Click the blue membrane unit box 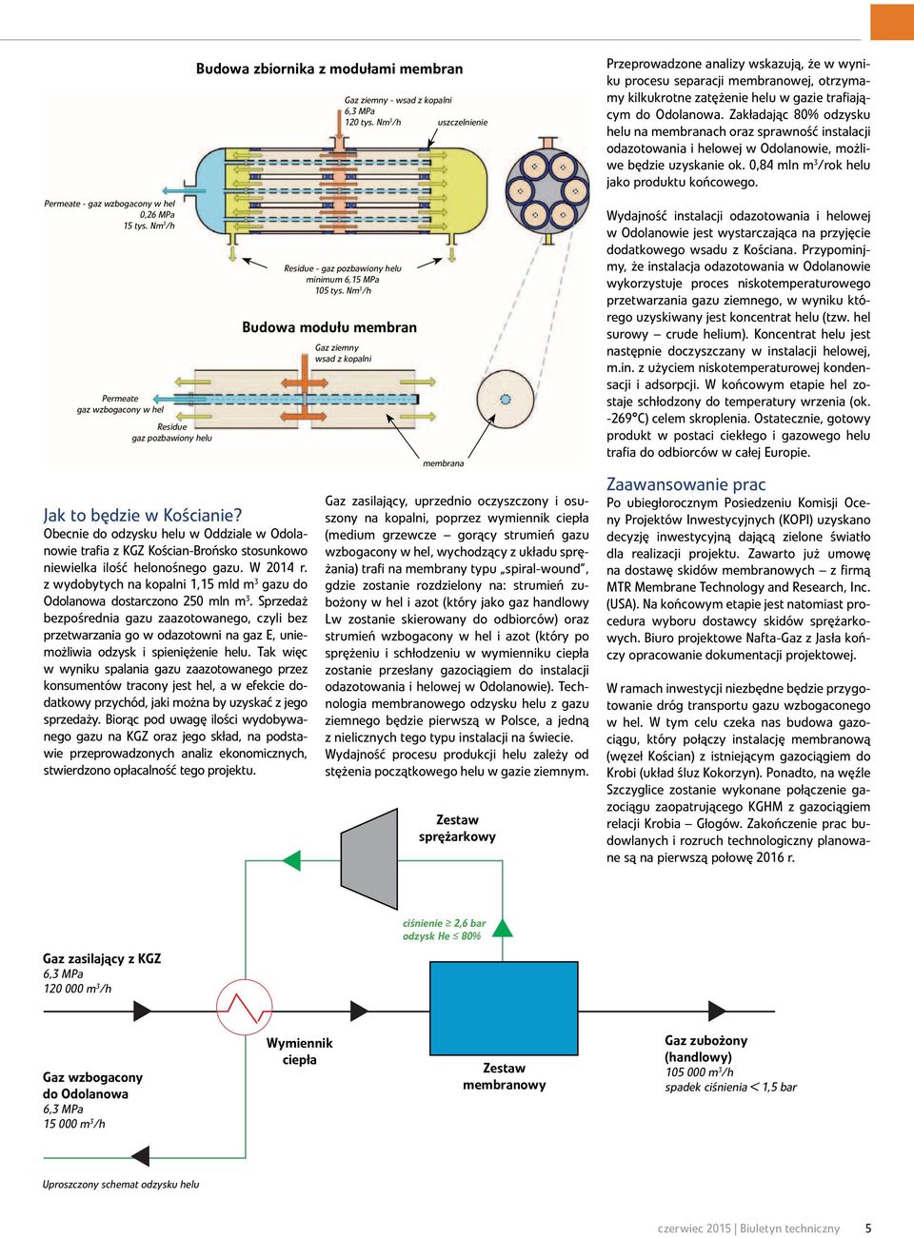[504, 1008]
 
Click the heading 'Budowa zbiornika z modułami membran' [329, 69]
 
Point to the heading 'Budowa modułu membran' [329, 327]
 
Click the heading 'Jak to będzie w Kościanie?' [143, 515]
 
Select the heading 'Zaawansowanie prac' [686, 484]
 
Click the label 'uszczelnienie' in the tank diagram [463, 122]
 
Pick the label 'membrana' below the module [443, 463]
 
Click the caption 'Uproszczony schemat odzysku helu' [121, 1184]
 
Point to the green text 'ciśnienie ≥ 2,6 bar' [445, 923]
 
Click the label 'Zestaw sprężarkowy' [457, 828]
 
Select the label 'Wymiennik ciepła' [299, 1051]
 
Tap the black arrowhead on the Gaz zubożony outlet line [717, 1011]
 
